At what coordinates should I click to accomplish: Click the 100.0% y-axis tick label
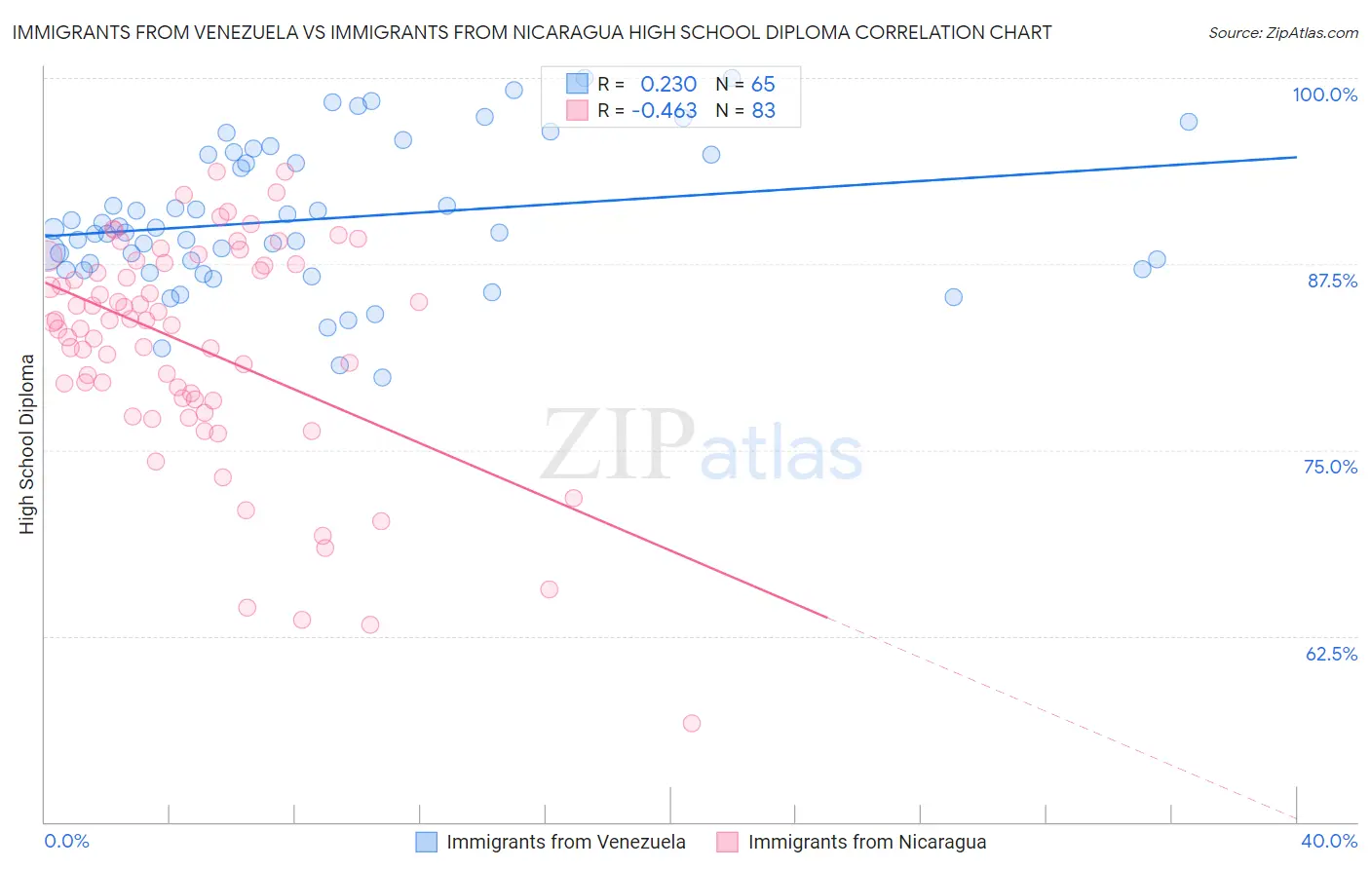tap(1324, 94)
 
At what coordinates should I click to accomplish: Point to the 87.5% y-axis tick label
tap(1332, 281)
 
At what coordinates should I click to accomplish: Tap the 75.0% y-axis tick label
tap(1330, 467)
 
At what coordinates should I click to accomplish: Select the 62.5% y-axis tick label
tap(1331, 654)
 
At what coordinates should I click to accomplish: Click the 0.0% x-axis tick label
tap(66, 841)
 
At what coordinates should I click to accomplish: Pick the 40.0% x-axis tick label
tap(1328, 841)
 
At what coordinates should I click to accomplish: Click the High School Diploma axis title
tap(27, 443)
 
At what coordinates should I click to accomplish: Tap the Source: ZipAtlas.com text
tap(1282, 32)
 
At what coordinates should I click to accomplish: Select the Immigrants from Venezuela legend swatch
tap(427, 842)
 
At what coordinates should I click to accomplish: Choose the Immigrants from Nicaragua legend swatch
tap(728, 842)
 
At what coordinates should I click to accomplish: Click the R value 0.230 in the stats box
tap(668, 85)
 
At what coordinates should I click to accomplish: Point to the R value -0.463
tap(664, 111)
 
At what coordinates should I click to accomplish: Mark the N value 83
tap(763, 111)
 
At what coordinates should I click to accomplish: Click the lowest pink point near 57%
tap(692, 723)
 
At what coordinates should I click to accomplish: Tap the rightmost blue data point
tap(1188, 122)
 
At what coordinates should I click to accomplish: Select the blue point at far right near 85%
tap(953, 297)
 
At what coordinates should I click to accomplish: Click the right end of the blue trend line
tap(1296, 157)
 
